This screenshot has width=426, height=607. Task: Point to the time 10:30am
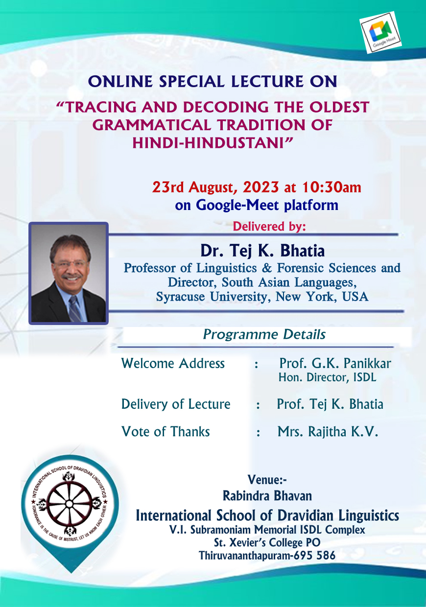(x=331, y=187)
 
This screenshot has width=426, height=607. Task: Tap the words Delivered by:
(x=269, y=226)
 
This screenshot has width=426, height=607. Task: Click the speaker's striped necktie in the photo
(x=74, y=308)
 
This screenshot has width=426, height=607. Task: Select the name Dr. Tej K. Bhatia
(x=262, y=251)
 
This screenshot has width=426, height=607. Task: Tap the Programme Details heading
(x=264, y=334)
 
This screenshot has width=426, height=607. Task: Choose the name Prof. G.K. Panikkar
(x=335, y=363)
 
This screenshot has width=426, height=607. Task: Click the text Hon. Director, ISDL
(x=328, y=377)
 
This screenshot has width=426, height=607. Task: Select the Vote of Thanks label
(x=166, y=431)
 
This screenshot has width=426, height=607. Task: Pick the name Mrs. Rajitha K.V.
(x=328, y=431)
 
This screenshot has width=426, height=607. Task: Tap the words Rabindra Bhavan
(x=267, y=495)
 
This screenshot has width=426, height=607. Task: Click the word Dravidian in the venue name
(x=306, y=515)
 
